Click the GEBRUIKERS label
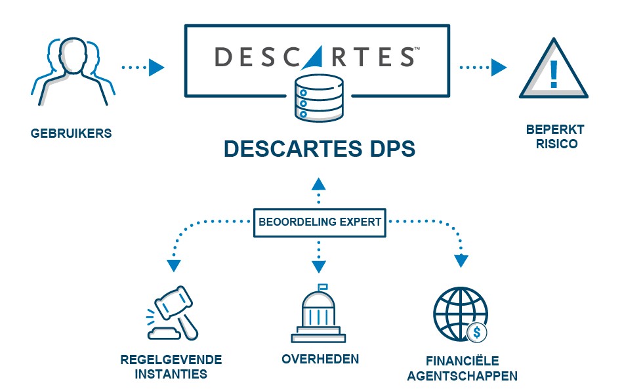pos(71,134)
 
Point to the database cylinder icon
pos(319,98)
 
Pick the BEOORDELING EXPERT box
pos(319,222)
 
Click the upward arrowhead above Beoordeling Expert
pos(318,183)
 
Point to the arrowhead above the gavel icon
pos(173,265)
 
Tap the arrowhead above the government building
pos(318,266)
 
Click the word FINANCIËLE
pos(462,361)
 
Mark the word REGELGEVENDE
pos(171,360)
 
